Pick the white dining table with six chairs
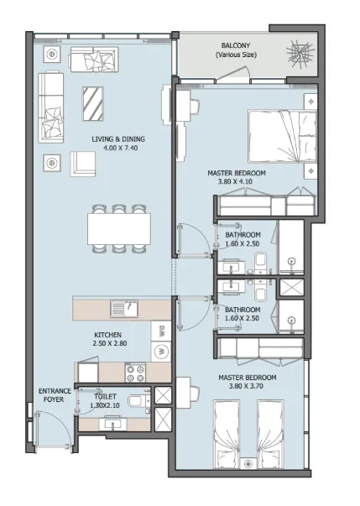pyautogui.click(x=117, y=227)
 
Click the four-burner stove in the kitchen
pyautogui.click(x=136, y=371)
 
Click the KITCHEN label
pyautogui.click(x=109, y=335)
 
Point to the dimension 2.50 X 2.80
pyautogui.click(x=109, y=344)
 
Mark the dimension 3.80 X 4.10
pyautogui.click(x=236, y=180)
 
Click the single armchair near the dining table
pyautogui.click(x=81, y=163)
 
